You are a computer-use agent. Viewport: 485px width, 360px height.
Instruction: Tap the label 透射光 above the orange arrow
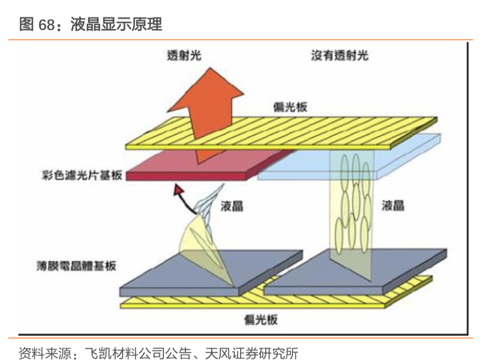tap(182, 56)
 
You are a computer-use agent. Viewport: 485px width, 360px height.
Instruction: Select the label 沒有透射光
tap(339, 56)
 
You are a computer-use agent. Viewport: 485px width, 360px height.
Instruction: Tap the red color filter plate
tap(204, 167)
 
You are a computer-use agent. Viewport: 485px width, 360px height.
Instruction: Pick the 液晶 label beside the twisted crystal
tap(231, 206)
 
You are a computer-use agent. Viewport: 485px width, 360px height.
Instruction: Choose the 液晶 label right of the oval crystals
tap(393, 205)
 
